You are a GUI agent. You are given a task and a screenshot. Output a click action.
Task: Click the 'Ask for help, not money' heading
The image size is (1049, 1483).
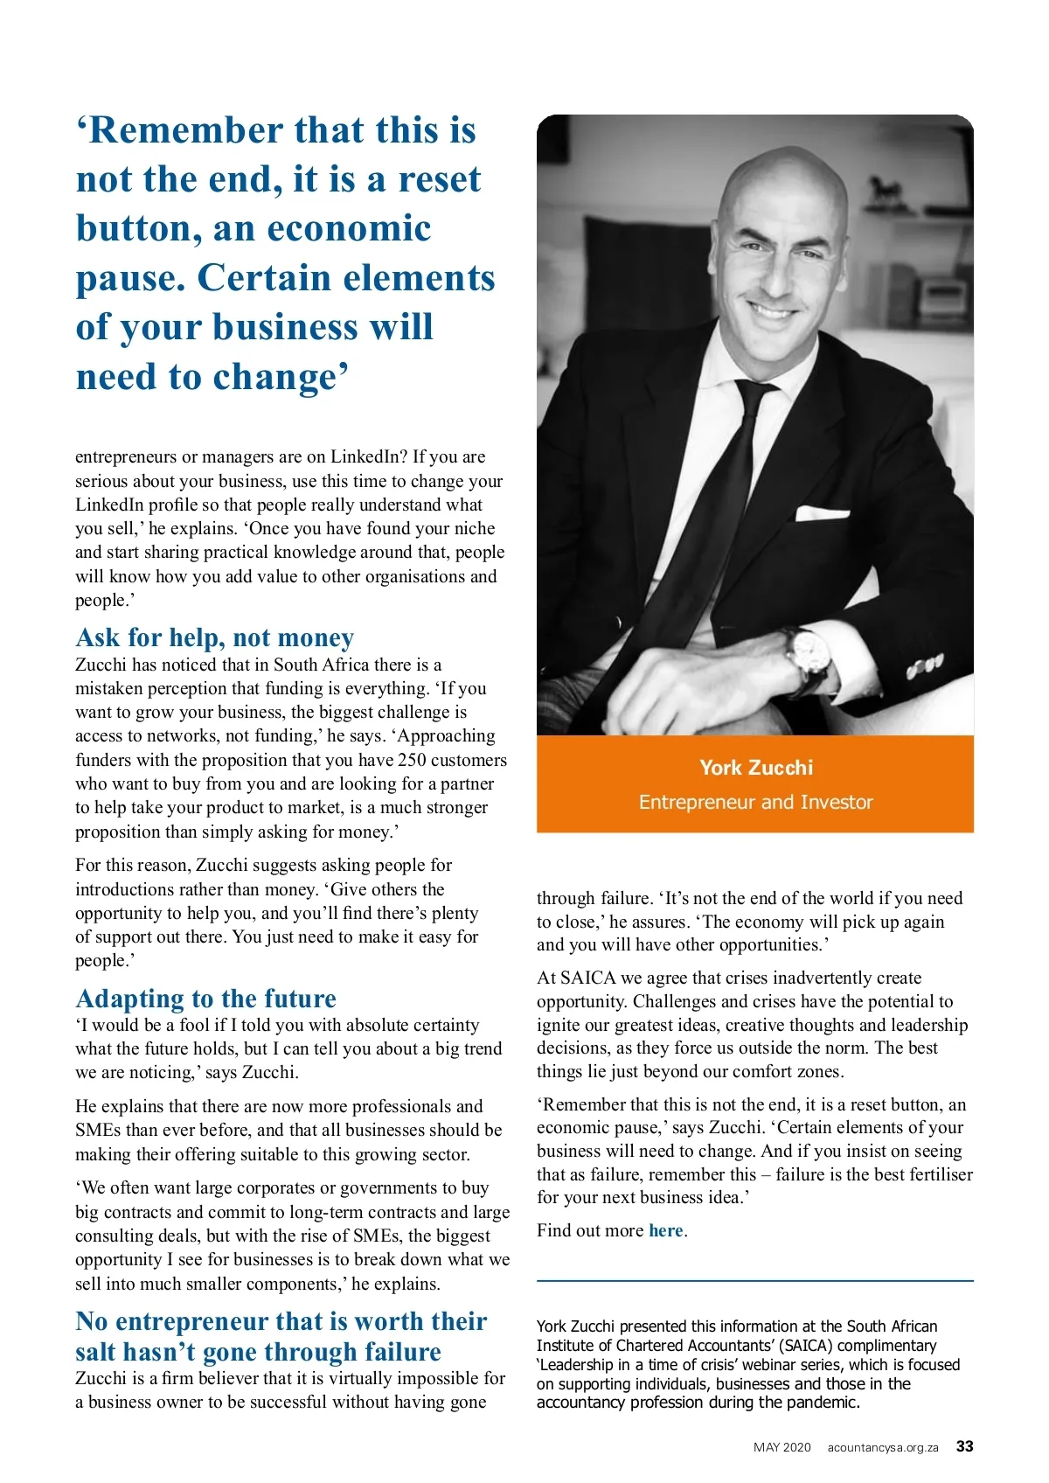(x=215, y=637)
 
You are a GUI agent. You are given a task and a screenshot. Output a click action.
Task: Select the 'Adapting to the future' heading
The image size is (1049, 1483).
(x=206, y=999)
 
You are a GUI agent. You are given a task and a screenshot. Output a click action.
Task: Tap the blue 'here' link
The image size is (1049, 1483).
(x=666, y=1230)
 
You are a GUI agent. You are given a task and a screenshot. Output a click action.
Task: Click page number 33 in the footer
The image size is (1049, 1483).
(x=964, y=1446)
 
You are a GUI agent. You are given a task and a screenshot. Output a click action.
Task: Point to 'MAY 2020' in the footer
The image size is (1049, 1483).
(x=782, y=1447)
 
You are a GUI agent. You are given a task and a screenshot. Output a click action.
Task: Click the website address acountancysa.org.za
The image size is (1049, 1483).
(x=883, y=1447)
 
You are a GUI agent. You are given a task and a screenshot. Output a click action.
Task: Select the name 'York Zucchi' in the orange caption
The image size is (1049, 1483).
(x=756, y=768)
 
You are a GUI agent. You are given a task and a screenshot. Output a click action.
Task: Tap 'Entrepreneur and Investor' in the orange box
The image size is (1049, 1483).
(x=756, y=802)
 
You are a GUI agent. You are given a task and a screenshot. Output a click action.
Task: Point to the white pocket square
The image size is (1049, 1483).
(x=822, y=513)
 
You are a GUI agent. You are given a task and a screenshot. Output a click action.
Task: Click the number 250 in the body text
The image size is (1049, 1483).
(x=412, y=760)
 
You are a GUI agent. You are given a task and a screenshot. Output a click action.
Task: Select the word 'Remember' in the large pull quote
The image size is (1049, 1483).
(x=184, y=130)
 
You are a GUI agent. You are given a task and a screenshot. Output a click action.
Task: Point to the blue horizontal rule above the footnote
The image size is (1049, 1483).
(x=755, y=1280)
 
